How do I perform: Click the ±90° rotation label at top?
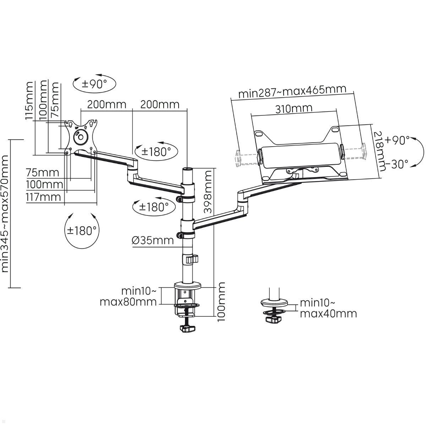point(94,84)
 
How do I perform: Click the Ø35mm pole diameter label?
point(153,240)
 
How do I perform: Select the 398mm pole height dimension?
point(207,192)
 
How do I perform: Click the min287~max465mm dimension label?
point(292,91)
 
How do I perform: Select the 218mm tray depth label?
point(379,151)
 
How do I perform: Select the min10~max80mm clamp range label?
point(129,296)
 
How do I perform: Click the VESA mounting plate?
point(81,137)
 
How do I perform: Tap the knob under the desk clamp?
point(187,329)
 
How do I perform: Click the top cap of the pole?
point(187,168)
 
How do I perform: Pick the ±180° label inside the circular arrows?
point(82,231)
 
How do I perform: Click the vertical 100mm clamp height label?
point(221,302)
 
